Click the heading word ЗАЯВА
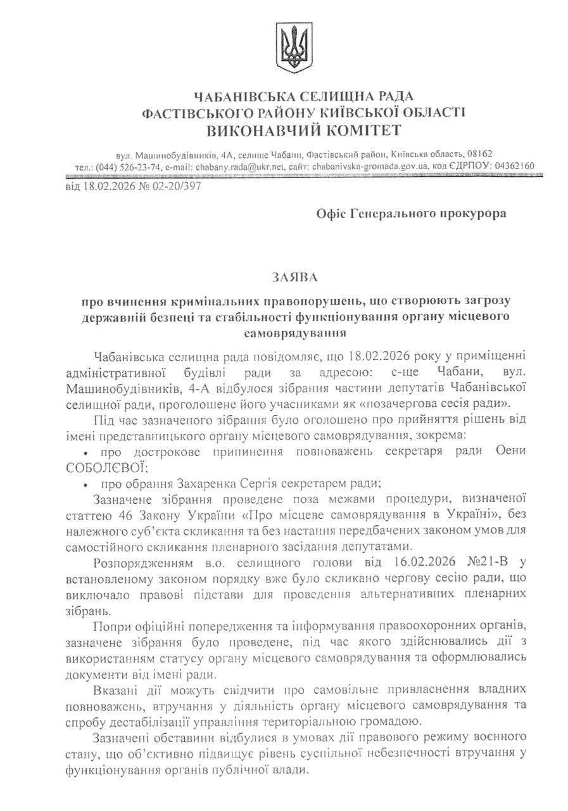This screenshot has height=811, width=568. click(294, 278)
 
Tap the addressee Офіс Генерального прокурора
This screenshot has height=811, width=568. click(411, 214)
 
